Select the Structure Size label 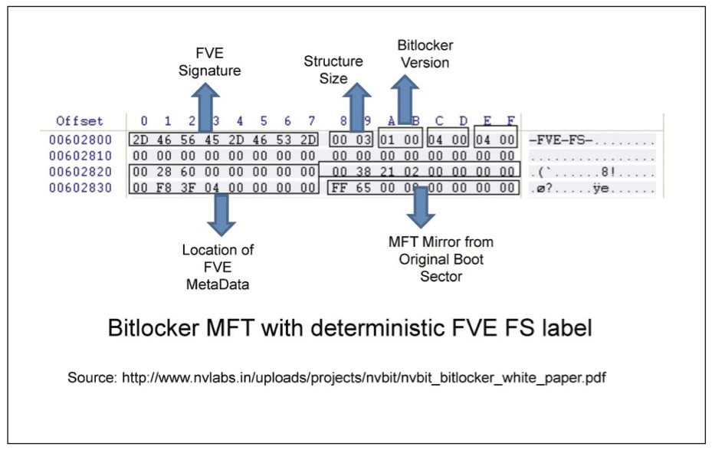pyautogui.click(x=333, y=70)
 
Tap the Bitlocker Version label pyautogui.click(x=425, y=54)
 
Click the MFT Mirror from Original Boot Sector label pyautogui.click(x=441, y=258)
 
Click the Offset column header pyautogui.click(x=80, y=121)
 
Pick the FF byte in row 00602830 pyautogui.click(x=341, y=188)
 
